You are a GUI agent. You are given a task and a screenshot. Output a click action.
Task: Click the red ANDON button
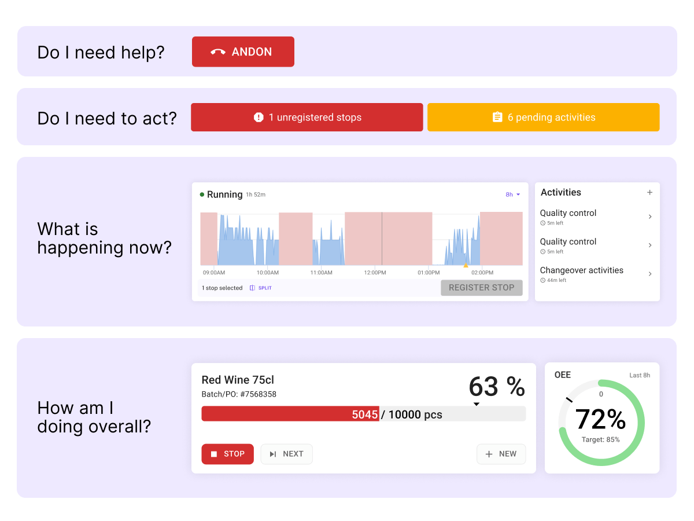(x=243, y=52)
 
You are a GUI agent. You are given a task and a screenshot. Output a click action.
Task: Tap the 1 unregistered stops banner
(x=307, y=118)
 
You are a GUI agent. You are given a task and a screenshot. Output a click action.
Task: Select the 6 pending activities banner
(x=543, y=118)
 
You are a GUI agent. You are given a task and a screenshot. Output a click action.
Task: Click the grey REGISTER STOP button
(x=481, y=288)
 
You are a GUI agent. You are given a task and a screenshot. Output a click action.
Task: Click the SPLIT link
(x=261, y=288)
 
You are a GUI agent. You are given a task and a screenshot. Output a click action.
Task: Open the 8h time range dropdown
(x=513, y=195)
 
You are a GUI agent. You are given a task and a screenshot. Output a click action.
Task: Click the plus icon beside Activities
(x=649, y=193)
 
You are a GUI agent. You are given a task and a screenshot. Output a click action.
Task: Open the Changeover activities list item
(x=596, y=274)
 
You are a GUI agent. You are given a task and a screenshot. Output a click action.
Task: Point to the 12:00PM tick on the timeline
(x=375, y=272)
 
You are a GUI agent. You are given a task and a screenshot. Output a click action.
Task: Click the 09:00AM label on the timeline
(x=213, y=272)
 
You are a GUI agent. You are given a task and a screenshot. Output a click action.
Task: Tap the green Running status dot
(x=202, y=195)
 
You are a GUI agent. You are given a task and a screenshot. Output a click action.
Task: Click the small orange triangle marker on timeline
(x=466, y=265)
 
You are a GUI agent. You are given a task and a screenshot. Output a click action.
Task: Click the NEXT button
(x=286, y=454)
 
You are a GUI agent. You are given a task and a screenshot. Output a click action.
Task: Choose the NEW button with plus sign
(x=501, y=454)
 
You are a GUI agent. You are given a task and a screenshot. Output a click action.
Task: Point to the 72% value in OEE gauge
(x=600, y=419)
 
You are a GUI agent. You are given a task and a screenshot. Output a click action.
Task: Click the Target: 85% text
(x=600, y=440)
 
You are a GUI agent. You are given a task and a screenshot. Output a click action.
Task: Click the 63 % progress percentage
(x=496, y=386)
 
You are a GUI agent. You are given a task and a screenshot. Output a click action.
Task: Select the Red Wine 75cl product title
(x=238, y=380)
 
